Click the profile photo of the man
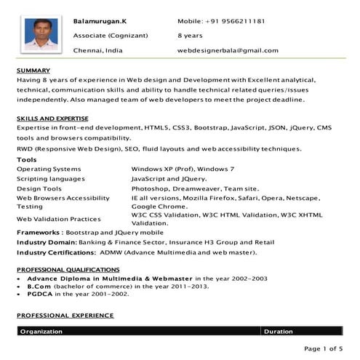point(41,34)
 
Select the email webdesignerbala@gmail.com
point(228,50)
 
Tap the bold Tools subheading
point(26,159)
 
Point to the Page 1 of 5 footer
point(322,348)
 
